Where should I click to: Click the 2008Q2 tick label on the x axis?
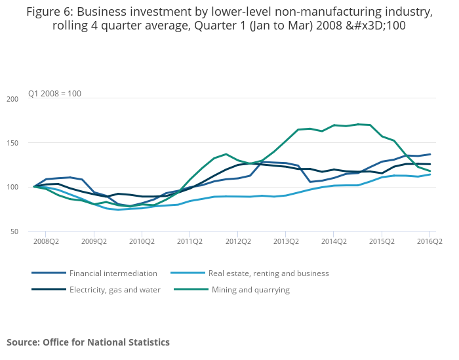(x=45, y=241)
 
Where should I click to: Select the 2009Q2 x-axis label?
(x=94, y=241)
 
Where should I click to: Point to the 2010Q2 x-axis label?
(x=142, y=241)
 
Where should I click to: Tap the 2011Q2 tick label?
(x=190, y=241)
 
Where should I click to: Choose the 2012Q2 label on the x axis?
(x=238, y=241)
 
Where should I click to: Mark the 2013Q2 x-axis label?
(x=286, y=241)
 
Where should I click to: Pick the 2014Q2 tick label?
(x=334, y=241)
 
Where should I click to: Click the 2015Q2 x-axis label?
(x=382, y=241)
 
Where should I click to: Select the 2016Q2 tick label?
(x=429, y=241)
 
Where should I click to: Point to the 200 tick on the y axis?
(x=12, y=99)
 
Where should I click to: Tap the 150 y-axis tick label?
(x=12, y=143)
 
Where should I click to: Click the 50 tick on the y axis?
(x=14, y=231)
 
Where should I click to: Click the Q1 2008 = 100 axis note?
(x=54, y=94)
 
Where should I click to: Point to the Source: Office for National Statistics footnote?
(x=88, y=342)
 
